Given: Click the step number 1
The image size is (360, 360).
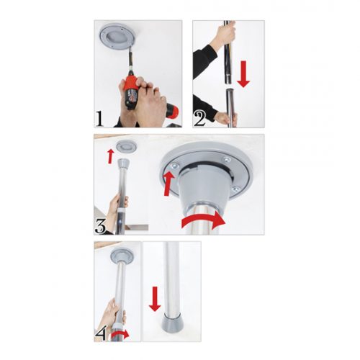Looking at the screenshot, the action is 99,119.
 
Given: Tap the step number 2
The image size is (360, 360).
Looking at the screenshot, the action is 200,119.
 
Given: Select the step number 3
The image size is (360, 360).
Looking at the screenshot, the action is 100,226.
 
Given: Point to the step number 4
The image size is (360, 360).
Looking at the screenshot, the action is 100,333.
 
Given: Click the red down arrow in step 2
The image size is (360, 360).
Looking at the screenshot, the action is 243,74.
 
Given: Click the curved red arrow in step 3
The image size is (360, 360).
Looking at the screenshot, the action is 204,220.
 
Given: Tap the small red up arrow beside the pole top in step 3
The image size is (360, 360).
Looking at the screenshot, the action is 110,156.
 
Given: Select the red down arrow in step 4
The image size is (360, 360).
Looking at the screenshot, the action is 155,299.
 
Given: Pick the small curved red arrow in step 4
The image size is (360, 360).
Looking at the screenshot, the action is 120,335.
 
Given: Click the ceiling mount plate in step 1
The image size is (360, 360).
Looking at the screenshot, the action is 117,37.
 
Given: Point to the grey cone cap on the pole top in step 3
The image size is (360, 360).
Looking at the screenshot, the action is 125,163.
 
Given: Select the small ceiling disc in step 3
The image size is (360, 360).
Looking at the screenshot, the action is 127,146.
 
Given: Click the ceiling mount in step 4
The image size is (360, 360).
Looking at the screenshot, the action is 122,257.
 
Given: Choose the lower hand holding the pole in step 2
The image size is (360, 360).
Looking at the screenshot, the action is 226,117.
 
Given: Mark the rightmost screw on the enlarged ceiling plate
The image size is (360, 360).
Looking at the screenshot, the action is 236,189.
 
